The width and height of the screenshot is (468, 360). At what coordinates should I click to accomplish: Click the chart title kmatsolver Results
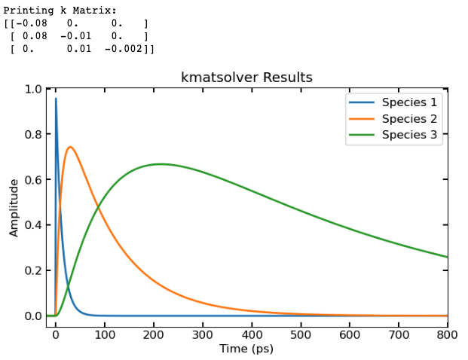pos(246,78)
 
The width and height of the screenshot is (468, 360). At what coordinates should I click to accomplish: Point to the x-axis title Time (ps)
pos(246,349)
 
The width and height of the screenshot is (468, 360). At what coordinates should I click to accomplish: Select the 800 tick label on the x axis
pos(447,333)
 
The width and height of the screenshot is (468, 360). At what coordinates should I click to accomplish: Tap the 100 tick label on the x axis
pos(104,333)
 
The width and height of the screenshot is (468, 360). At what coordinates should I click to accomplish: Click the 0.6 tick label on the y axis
pos(32,179)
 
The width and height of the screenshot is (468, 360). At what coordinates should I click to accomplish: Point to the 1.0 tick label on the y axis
pos(32,89)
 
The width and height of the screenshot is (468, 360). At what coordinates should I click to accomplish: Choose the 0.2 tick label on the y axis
pos(32,270)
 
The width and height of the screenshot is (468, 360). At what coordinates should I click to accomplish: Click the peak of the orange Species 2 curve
pos(69,147)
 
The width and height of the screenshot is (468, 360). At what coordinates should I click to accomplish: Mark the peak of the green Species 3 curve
pos(161,163)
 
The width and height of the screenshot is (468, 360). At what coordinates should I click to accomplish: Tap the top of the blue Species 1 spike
pos(56,99)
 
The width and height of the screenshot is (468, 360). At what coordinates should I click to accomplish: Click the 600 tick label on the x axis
pos(350,333)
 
